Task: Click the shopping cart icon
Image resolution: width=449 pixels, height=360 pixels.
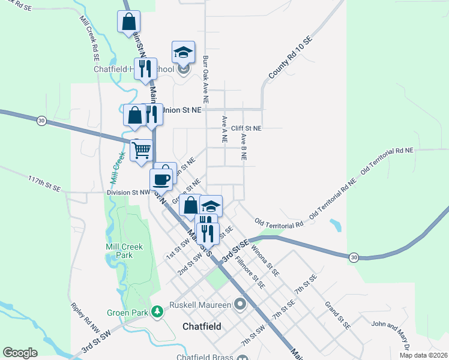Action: coord(141,150)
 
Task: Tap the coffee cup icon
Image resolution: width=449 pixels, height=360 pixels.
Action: coord(161,179)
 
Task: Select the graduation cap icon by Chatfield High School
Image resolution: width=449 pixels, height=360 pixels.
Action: coord(184,52)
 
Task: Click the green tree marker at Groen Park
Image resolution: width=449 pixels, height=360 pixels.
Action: coord(157,311)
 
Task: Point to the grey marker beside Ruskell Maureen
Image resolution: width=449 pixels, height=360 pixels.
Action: coord(241,305)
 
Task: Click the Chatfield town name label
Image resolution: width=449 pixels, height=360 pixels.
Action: coord(202,327)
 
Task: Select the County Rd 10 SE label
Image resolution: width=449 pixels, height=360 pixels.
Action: coord(291,58)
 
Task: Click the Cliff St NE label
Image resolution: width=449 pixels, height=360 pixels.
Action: coord(247,128)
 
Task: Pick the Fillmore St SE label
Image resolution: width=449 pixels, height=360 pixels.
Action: coord(250,272)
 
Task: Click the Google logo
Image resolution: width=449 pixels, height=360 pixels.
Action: coord(20,353)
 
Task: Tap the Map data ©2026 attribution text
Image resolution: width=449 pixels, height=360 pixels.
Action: coord(423,355)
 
